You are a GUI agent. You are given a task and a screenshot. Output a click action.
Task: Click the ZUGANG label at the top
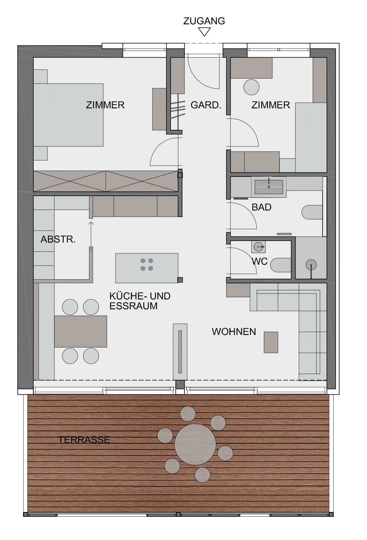pyautogui.click(x=204, y=21)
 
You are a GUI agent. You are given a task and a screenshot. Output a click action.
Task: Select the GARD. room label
pyautogui.click(x=206, y=105)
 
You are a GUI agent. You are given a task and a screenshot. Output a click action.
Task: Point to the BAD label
pyautogui.click(x=261, y=207)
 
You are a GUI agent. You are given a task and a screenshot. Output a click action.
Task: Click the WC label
pyautogui.click(x=260, y=261)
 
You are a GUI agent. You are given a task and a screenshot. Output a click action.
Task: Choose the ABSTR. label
pyautogui.click(x=58, y=239)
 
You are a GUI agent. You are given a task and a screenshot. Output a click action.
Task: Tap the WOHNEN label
pyautogui.click(x=234, y=332)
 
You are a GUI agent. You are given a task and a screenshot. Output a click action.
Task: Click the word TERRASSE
pyautogui.click(x=84, y=440)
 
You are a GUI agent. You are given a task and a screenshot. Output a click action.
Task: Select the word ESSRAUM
pyautogui.click(x=133, y=306)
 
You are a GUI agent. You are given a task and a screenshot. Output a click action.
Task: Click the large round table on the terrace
pyautogui.click(x=195, y=444)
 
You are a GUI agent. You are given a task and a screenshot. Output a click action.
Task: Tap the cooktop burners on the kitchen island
pyautogui.click(x=147, y=264)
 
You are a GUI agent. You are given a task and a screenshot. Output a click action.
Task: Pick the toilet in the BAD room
pyautogui.click(x=312, y=212)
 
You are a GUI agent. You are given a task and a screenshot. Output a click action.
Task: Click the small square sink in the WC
pyautogui.click(x=258, y=246)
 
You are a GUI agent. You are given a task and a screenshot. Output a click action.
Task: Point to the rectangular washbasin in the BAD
pyautogui.click(x=269, y=187)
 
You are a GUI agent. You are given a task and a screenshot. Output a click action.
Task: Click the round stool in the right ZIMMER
pyautogui.click(x=251, y=87)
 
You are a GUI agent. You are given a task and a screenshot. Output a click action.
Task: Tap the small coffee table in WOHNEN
pyautogui.click(x=271, y=342)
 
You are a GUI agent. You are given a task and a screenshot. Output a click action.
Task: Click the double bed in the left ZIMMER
pyautogui.click(x=68, y=115)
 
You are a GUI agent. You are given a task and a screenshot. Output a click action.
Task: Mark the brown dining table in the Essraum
pyautogui.click(x=80, y=331)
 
